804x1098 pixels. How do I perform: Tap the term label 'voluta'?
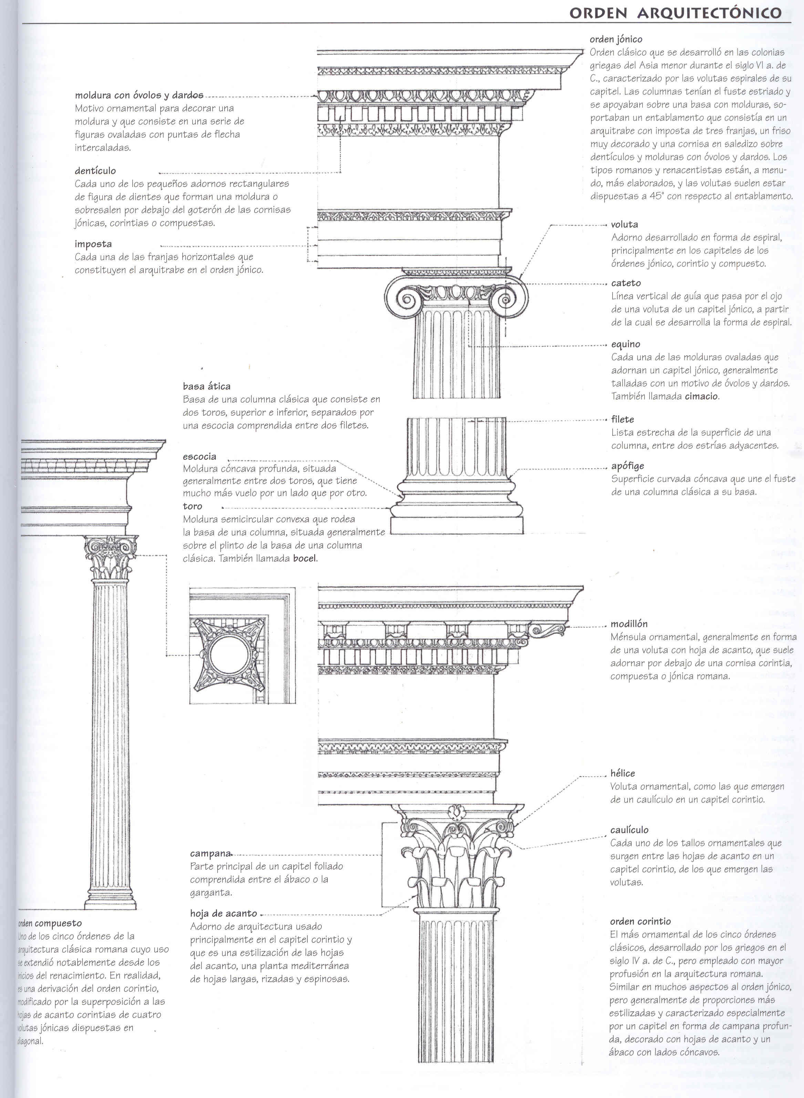tap(625, 225)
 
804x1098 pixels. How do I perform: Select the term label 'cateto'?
tap(626, 283)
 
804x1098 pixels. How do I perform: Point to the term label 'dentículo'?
tap(95, 171)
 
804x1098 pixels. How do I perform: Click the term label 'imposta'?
tap(93, 244)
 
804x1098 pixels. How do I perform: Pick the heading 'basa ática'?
tap(207, 387)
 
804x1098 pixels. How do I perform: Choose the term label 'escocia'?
tap(199, 457)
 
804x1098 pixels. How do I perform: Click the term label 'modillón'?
tap(629, 624)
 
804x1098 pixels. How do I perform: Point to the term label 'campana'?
tap(210, 853)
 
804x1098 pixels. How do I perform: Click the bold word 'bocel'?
tap(305, 558)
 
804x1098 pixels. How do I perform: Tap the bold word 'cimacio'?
tap(701, 396)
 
